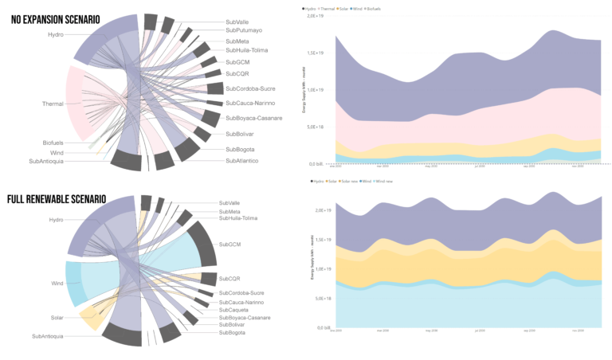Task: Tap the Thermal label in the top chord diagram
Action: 53,104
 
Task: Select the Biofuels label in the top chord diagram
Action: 53,143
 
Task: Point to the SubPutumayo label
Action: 244,30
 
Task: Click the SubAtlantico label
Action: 242,160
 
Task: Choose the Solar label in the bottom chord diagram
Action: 55,318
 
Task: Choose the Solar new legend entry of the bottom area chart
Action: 350,182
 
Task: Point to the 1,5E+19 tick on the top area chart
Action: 317,53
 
